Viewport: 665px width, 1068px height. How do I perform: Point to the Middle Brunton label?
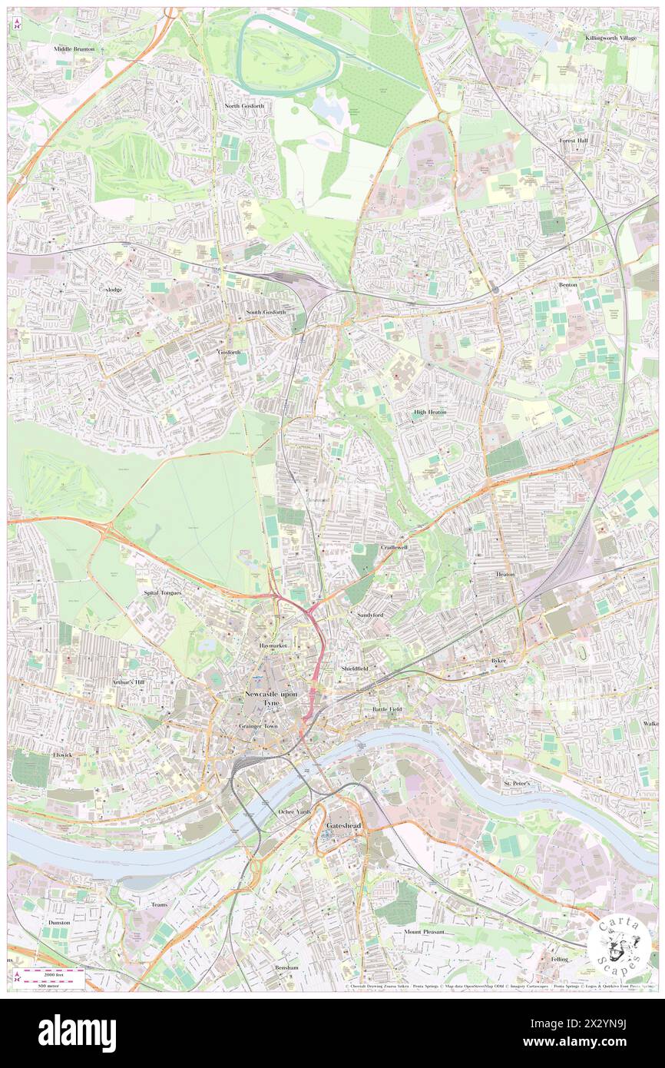pyautogui.click(x=74, y=48)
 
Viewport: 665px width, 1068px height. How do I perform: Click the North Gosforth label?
pyautogui.click(x=244, y=105)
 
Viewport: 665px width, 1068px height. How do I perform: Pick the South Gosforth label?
pyautogui.click(x=266, y=312)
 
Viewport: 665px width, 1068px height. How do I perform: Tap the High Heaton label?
pyautogui.click(x=430, y=412)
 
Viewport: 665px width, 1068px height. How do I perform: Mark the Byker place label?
pyautogui.click(x=501, y=660)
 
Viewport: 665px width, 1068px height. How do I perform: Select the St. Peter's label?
pyautogui.click(x=517, y=782)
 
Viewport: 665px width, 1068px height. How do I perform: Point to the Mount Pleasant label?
pyautogui.click(x=424, y=931)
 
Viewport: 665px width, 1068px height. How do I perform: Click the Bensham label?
pyautogui.click(x=286, y=967)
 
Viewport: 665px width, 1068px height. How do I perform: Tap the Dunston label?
pyautogui.click(x=58, y=922)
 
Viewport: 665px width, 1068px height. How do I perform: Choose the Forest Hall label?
pyautogui.click(x=573, y=141)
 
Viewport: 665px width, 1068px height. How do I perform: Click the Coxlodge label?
pyautogui.click(x=111, y=290)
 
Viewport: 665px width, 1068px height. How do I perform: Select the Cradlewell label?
pyautogui.click(x=394, y=547)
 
